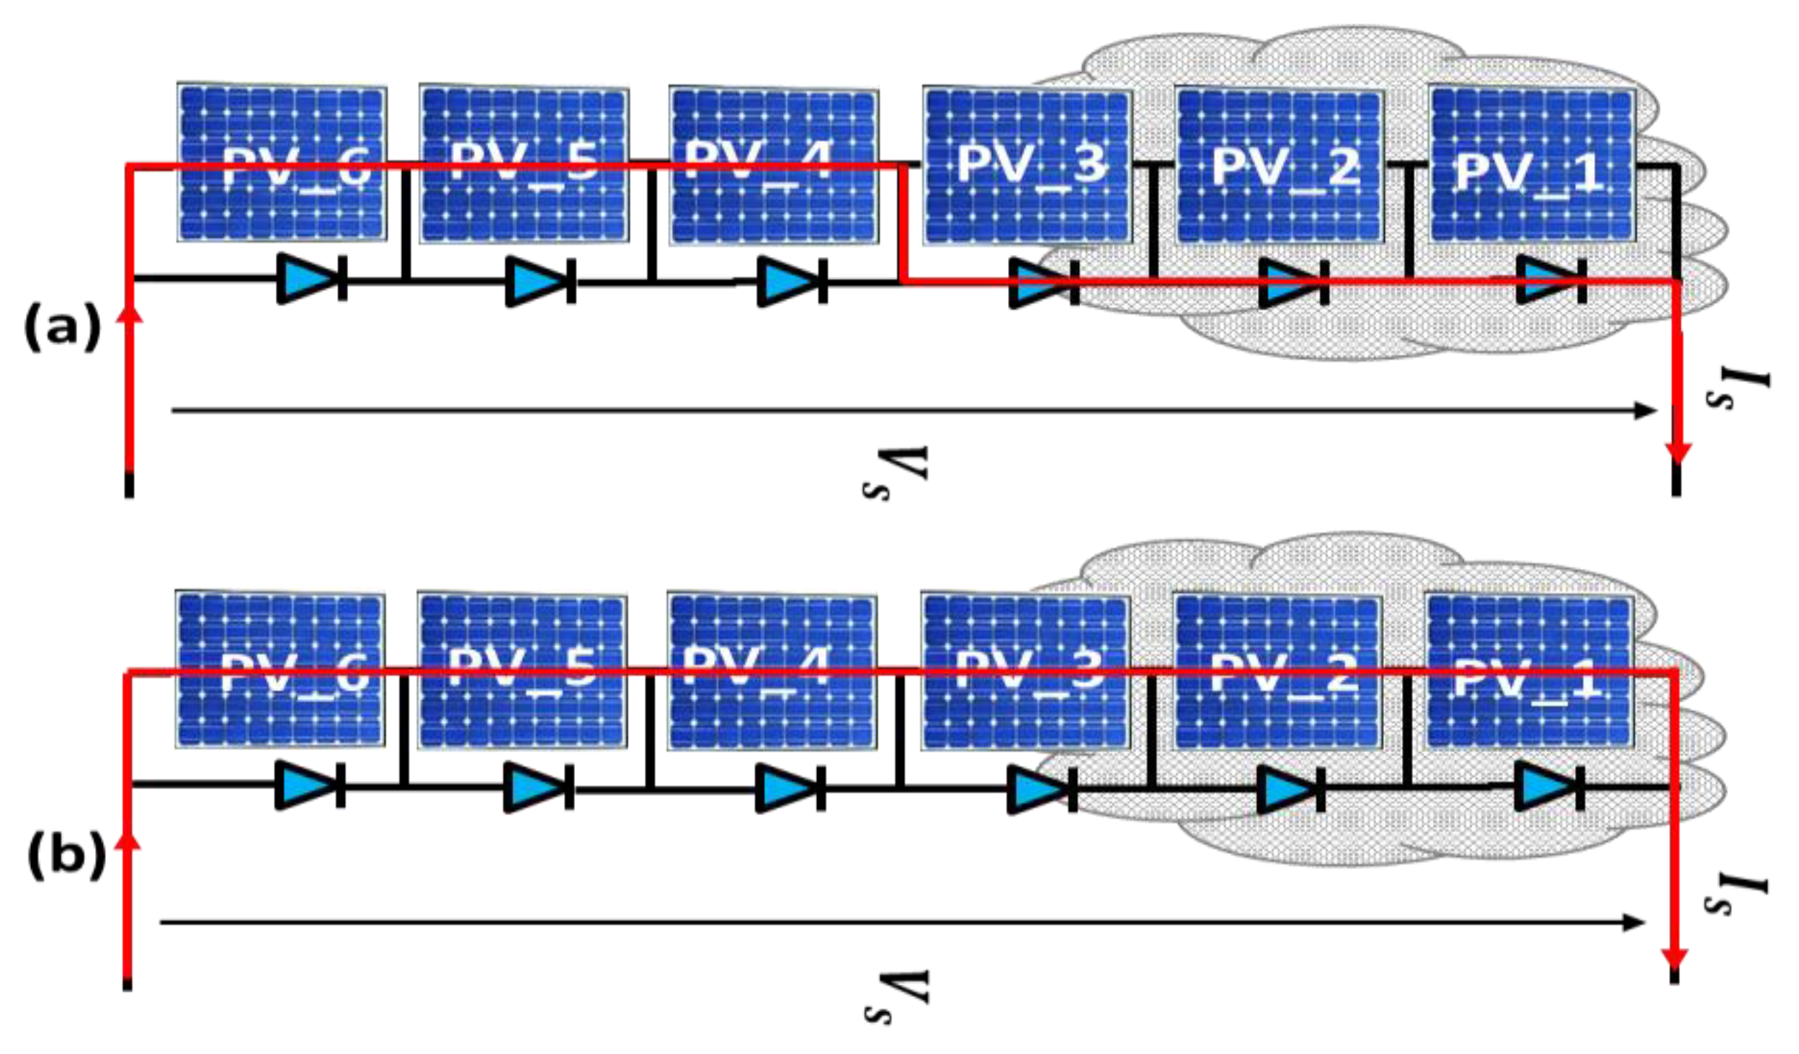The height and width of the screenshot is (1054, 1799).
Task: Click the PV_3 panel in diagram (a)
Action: click(1027, 166)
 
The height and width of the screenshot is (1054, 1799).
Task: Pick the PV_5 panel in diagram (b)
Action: click(522, 670)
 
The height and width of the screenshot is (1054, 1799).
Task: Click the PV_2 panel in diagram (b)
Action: click(1277, 670)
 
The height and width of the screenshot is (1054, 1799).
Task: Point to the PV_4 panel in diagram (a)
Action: click(773, 166)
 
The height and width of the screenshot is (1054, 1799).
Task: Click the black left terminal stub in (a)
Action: click(129, 484)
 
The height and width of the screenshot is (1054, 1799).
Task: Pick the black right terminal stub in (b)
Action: click(1674, 975)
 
